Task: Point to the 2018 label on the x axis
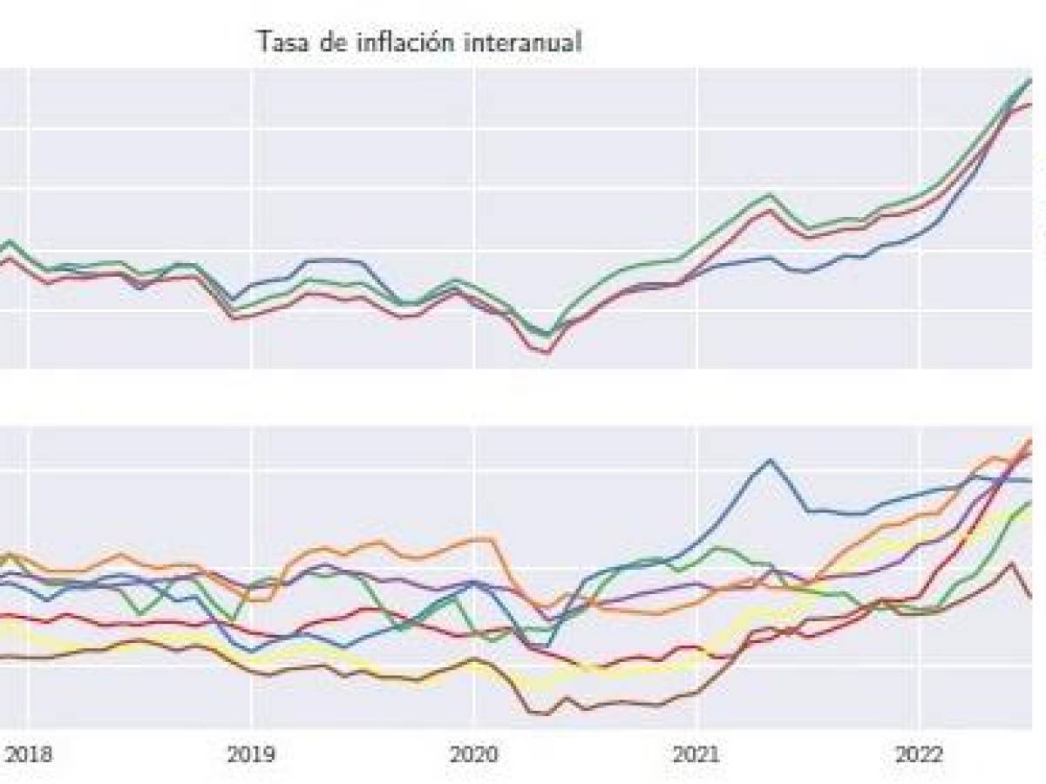(x=29, y=754)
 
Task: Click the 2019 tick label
(x=251, y=754)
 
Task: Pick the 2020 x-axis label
(x=474, y=754)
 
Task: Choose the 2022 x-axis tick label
(x=920, y=754)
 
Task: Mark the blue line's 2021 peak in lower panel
(x=770, y=460)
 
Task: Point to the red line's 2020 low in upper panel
(x=547, y=352)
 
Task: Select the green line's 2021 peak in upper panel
(x=770, y=195)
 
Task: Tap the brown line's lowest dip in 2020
(x=545, y=714)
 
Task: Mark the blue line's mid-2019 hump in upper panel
(x=336, y=260)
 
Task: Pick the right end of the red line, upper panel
(x=1031, y=105)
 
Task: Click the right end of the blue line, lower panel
(x=1031, y=481)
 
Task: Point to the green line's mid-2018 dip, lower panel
(x=140, y=615)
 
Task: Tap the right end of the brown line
(x=1031, y=598)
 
